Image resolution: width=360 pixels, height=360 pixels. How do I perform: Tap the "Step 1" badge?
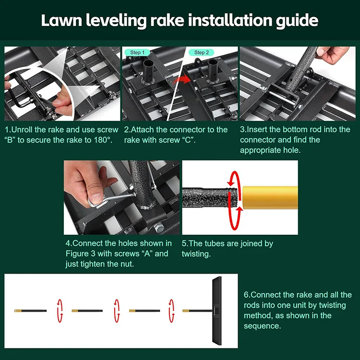(137, 53)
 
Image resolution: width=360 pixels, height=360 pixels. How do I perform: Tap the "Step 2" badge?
(202, 53)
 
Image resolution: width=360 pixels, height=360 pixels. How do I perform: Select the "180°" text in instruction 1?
(103, 140)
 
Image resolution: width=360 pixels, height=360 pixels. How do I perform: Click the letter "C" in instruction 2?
(188, 140)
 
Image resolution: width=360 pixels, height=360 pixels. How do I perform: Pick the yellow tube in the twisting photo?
(270, 197)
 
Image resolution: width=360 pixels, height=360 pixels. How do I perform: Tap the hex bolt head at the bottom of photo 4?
(158, 228)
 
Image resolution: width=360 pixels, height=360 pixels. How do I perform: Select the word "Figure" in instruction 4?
(77, 254)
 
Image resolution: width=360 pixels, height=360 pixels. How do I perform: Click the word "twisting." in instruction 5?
(196, 254)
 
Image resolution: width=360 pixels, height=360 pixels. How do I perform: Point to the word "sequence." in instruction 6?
(262, 326)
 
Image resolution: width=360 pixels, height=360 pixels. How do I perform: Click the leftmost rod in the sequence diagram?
(30, 311)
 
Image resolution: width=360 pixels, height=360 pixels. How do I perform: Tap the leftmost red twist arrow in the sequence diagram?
(60, 311)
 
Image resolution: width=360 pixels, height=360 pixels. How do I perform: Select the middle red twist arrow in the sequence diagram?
(117, 311)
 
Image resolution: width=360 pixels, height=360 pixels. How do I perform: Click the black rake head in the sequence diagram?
(217, 311)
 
